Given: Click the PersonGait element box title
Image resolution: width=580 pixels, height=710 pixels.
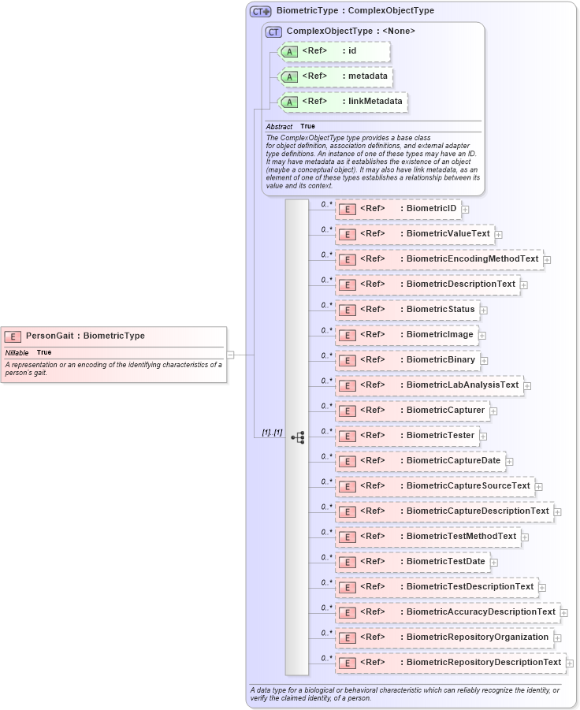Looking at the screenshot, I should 85,336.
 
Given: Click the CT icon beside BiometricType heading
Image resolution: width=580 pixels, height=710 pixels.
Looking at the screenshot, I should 261,11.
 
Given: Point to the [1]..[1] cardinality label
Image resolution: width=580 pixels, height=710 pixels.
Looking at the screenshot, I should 272,433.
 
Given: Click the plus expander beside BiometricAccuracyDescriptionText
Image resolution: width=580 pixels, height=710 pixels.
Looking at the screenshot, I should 564,612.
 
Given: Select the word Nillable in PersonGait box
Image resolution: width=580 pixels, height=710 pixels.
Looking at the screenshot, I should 17,352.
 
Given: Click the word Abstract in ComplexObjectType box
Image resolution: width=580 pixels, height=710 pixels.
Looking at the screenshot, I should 279,126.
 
